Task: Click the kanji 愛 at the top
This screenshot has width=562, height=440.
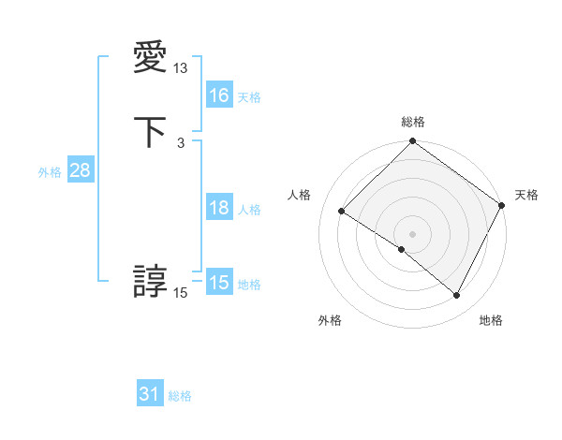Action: [x=151, y=59]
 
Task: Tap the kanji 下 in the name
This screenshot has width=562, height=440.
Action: [x=151, y=132]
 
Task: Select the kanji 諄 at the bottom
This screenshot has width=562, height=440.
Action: [x=151, y=282]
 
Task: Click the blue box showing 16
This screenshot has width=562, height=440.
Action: [x=219, y=95]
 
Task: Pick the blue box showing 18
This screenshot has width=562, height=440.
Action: [x=219, y=208]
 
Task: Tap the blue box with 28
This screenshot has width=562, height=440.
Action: [x=80, y=170]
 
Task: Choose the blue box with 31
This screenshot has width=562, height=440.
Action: [x=150, y=394]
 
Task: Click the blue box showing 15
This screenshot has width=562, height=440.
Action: [x=219, y=283]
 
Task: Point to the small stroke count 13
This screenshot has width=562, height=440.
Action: [x=181, y=68]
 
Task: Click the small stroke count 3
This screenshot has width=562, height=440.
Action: [x=181, y=142]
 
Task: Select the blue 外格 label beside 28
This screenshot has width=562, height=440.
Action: [x=50, y=172]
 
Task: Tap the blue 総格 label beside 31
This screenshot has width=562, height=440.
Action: [x=180, y=396]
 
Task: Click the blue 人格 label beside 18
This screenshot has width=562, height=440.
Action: [x=249, y=210]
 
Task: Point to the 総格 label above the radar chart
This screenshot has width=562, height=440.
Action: [x=413, y=122]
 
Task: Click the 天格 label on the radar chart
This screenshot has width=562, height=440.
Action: [x=526, y=195]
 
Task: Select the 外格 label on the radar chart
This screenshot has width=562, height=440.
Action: [x=330, y=321]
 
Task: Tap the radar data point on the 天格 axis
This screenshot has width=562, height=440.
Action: [x=502, y=206]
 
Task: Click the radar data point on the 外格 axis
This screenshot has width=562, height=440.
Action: [x=402, y=249]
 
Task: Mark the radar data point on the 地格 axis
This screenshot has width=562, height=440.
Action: [x=457, y=296]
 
